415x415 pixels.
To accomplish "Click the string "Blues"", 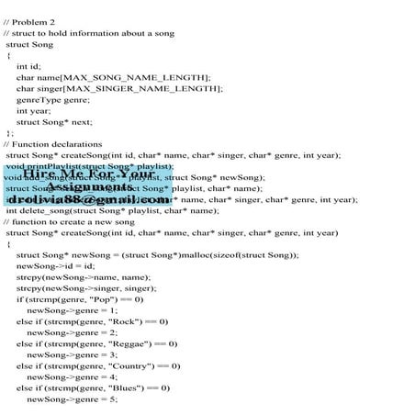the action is (x=129, y=387).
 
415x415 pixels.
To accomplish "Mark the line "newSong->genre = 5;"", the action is (x=72, y=399).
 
